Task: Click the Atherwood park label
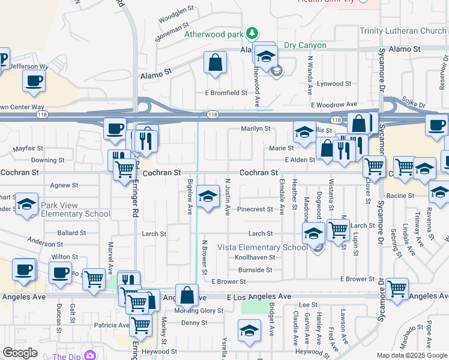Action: click(x=213, y=34)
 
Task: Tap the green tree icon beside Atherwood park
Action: click(x=253, y=32)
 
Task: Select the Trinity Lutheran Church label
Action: click(x=403, y=31)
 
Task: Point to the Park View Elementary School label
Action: click(x=76, y=209)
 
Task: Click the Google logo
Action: click(x=20, y=353)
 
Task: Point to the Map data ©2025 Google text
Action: click(x=412, y=355)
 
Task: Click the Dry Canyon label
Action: click(x=305, y=45)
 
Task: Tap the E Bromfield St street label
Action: click(x=226, y=93)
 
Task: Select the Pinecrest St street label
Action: click(x=255, y=209)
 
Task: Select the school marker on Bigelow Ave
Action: click(x=208, y=196)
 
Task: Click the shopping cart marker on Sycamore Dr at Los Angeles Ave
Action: click(x=397, y=289)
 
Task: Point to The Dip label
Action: click(x=67, y=356)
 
